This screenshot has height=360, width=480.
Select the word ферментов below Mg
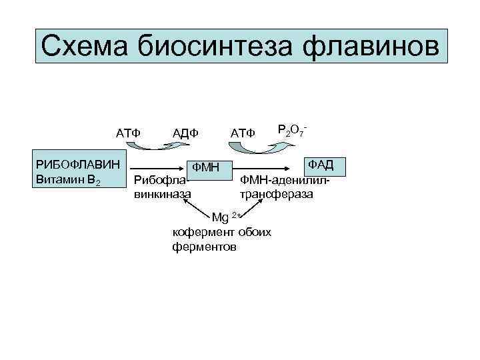(204, 247)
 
